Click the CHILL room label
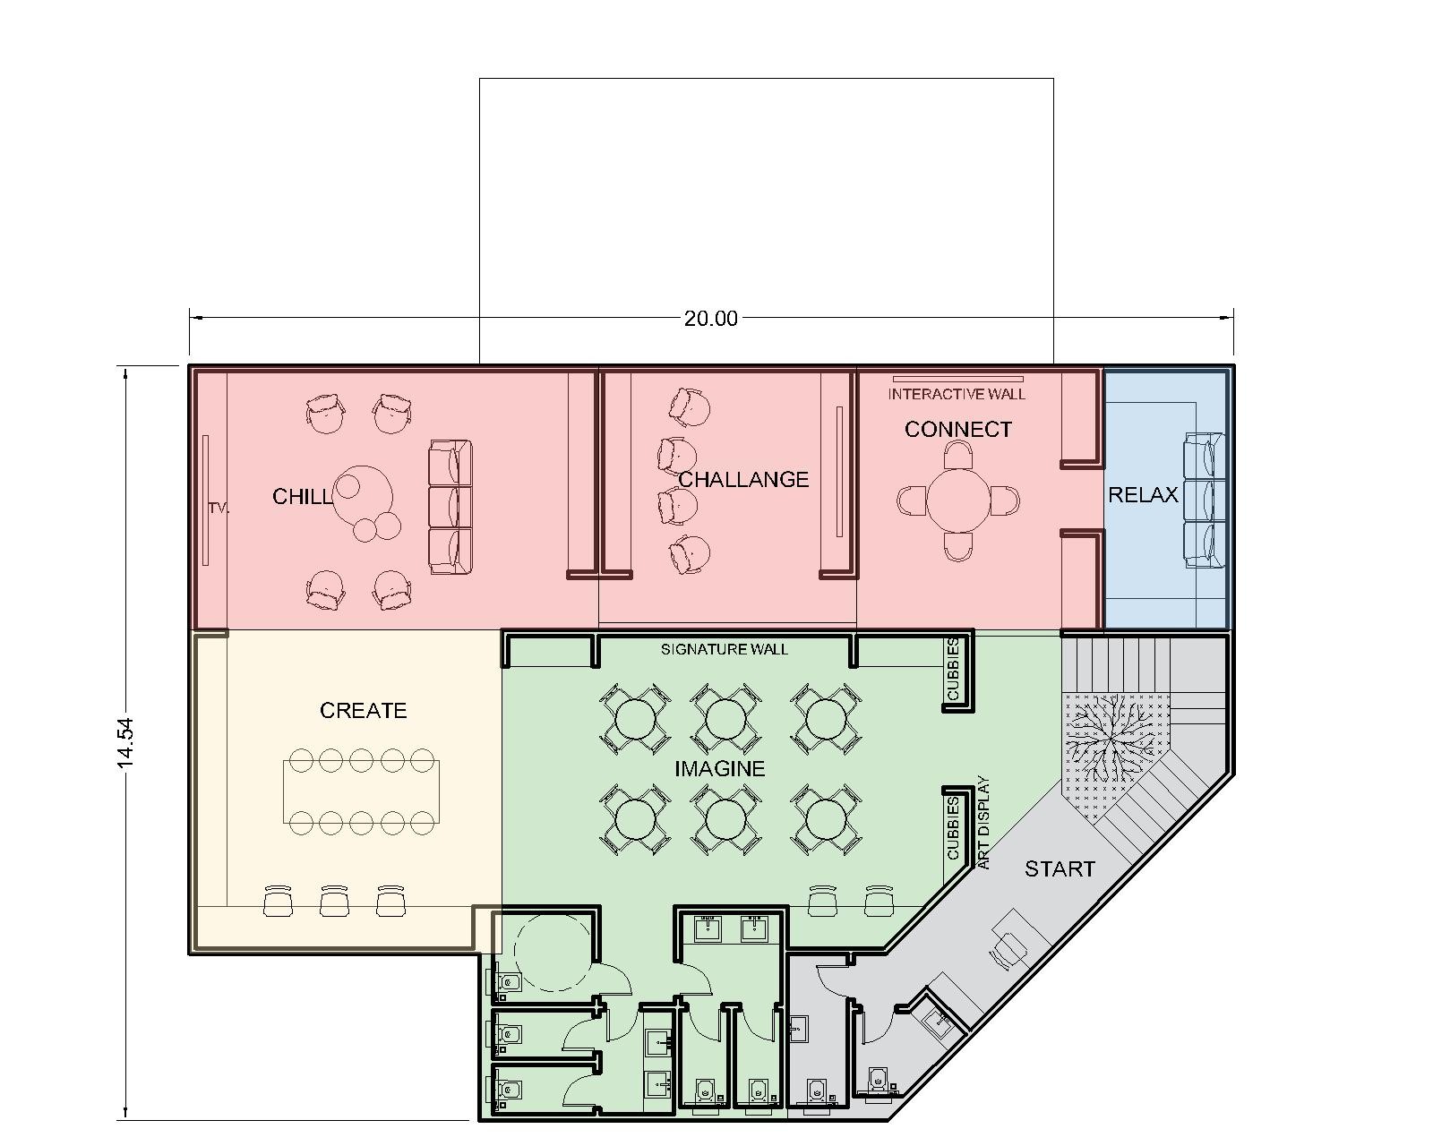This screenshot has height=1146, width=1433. (x=302, y=497)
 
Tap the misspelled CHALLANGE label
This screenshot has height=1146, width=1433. (x=743, y=480)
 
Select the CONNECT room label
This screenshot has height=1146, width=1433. (x=958, y=430)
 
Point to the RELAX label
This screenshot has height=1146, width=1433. (x=1143, y=495)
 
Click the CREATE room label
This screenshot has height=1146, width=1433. (x=363, y=711)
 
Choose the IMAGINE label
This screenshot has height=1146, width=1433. (x=720, y=769)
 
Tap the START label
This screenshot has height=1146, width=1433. (x=1060, y=869)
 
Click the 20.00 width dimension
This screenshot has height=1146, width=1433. (x=710, y=319)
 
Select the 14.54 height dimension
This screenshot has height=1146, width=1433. (x=126, y=743)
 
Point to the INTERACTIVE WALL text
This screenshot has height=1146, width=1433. (x=957, y=394)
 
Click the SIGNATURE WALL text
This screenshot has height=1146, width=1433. (x=724, y=649)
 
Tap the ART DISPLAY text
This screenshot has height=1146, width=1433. (x=983, y=823)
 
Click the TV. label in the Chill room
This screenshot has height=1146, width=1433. (x=219, y=508)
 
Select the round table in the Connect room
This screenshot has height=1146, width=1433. (x=958, y=500)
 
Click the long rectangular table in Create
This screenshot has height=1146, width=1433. (x=361, y=792)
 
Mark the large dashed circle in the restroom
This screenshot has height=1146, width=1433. (x=553, y=953)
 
